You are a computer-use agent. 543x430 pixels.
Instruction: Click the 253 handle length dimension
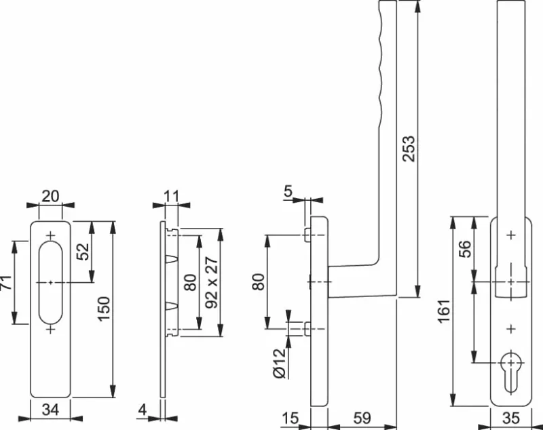408,149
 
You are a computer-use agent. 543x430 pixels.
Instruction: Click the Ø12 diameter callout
279,363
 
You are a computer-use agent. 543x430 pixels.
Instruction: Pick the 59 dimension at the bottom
362,418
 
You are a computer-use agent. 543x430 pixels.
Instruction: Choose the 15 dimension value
290,418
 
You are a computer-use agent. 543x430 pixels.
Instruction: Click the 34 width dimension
50,409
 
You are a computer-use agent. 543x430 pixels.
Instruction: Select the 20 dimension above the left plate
50,196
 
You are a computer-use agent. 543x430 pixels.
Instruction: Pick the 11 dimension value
171,197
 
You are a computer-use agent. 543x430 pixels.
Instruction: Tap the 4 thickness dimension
143,409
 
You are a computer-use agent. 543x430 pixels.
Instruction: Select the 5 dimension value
288,193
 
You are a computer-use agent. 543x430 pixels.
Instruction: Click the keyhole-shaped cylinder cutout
510,370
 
